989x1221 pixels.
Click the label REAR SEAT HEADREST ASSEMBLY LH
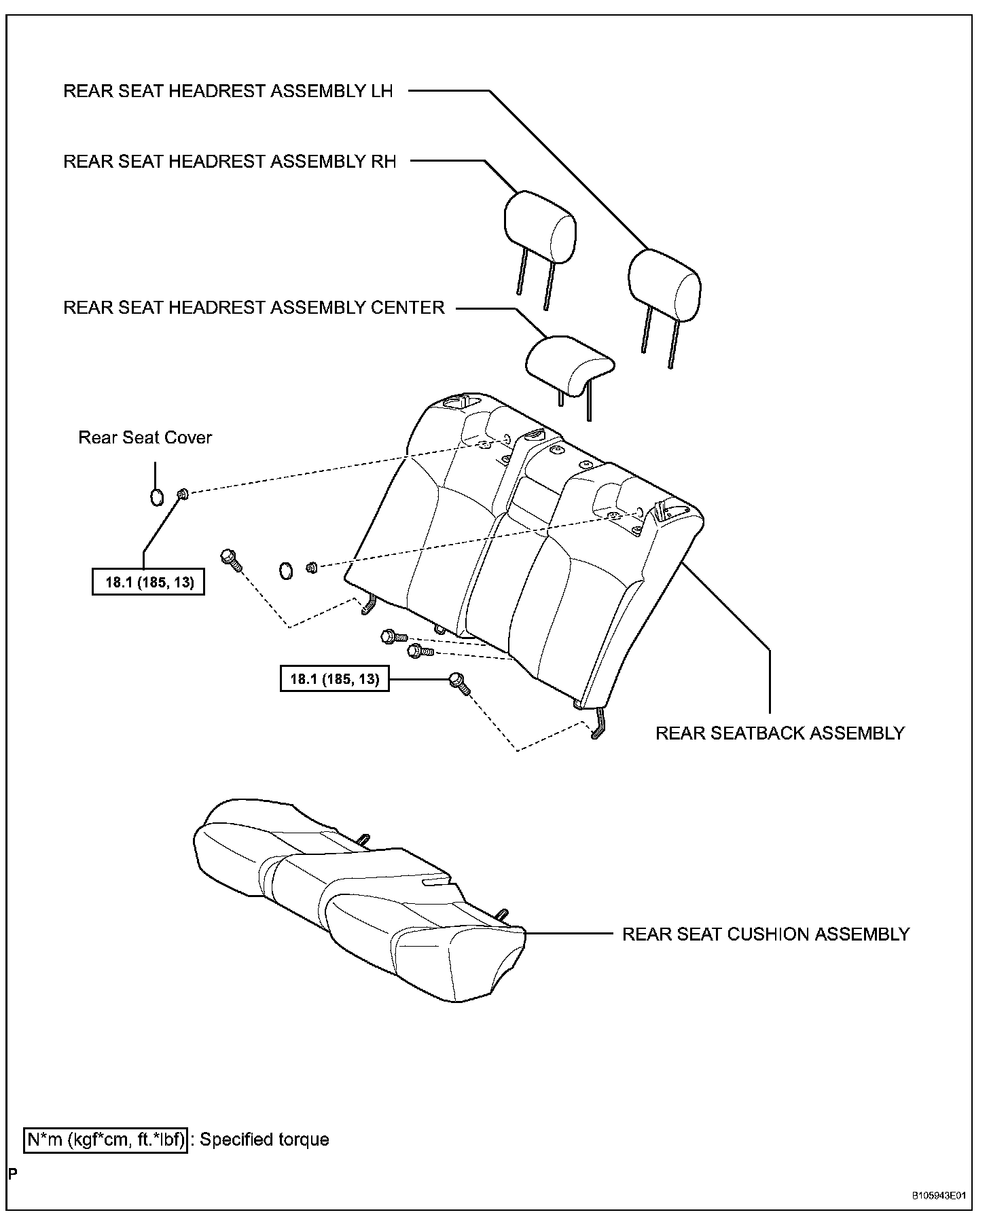228,91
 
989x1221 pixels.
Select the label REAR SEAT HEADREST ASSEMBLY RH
230,161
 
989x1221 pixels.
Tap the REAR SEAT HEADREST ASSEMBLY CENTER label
254,307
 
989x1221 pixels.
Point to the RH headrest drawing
540,227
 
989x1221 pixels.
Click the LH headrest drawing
664,285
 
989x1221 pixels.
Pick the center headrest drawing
569,363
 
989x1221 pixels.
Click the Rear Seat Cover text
145,437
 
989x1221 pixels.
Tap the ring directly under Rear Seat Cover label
156,496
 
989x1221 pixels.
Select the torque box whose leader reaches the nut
148,582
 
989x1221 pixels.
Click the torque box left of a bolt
334,678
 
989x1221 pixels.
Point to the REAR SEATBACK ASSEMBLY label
780,733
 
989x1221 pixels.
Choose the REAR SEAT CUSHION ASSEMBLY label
766,934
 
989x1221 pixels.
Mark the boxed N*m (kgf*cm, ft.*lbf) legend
105,1140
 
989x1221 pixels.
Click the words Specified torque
264,1140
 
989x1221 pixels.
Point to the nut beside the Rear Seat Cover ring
182,494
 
